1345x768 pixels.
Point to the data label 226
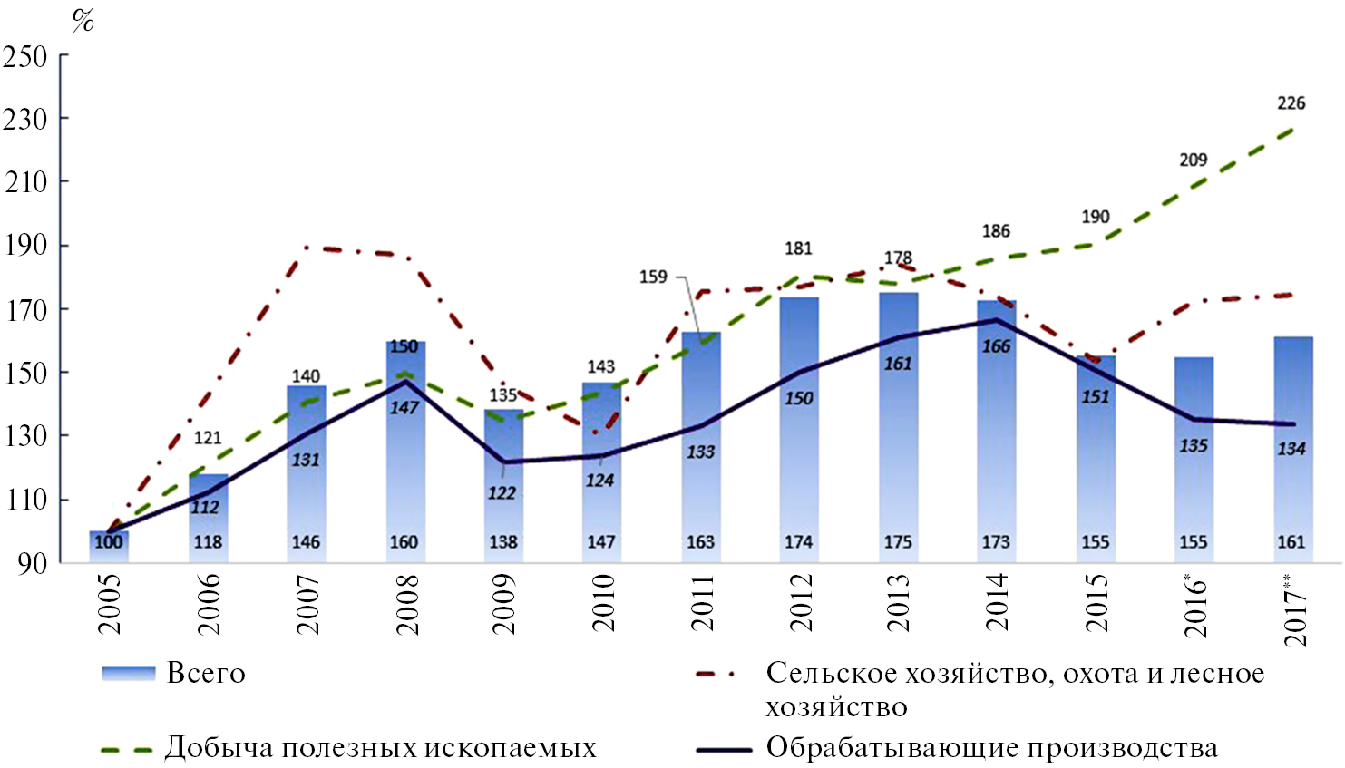1291,103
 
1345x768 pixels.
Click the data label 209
1193,160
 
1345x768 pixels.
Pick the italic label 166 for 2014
996,346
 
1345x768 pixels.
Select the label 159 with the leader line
653,277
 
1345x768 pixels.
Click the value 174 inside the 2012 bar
798,542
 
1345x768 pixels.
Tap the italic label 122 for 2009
502,493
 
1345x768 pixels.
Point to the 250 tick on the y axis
25,56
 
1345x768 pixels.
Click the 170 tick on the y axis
25,309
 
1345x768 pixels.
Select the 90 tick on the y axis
33,562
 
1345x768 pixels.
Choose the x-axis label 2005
109,603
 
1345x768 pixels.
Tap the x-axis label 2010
602,603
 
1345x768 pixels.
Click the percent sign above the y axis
83,20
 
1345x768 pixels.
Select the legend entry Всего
206,674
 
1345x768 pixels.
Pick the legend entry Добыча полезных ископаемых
380,748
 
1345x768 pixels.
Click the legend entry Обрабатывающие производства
991,748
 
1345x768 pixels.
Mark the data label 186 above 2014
995,231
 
